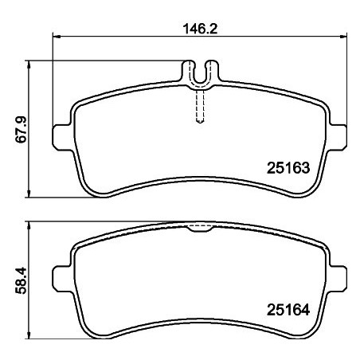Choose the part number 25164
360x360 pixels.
coord(287,311)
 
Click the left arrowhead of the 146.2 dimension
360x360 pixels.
coord(57,37)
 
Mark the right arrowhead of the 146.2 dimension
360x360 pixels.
coord(344,37)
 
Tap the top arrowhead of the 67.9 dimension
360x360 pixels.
coord(30,64)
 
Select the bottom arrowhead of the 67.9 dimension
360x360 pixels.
coord(30,194)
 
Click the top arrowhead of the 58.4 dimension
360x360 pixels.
coord(30,225)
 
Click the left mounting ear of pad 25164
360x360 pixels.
coord(60,280)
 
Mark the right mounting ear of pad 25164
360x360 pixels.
coord(340,280)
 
